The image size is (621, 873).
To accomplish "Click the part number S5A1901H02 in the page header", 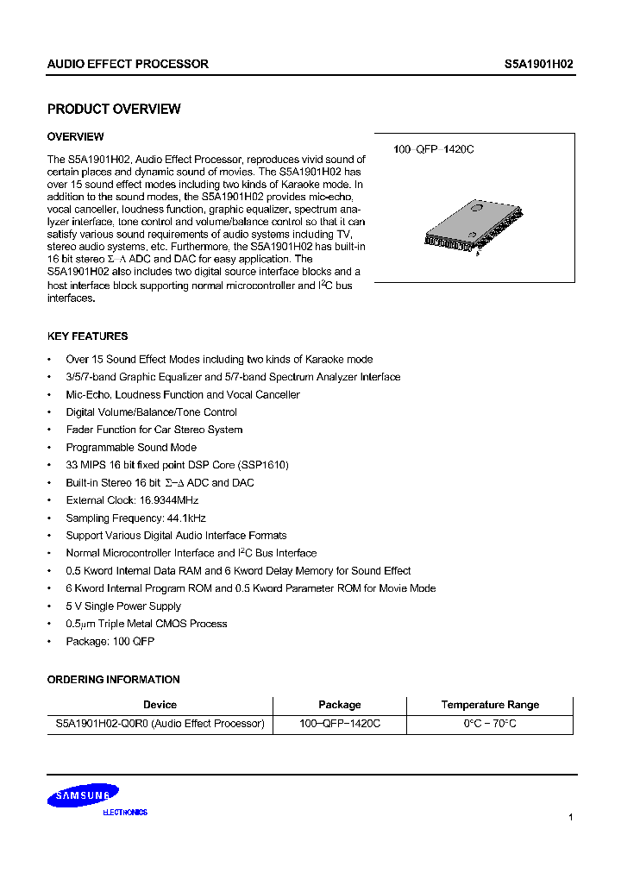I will tap(539, 64).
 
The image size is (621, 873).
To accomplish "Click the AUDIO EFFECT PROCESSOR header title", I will tap(128, 64).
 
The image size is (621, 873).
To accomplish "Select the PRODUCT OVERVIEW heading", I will tap(114, 110).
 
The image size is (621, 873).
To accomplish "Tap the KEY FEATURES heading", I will tap(87, 336).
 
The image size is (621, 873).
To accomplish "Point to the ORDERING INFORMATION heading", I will tap(113, 680).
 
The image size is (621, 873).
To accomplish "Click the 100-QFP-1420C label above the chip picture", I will tap(434, 149).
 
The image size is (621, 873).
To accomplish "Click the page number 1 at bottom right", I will tap(571, 817).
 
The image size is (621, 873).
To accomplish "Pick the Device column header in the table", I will tap(160, 705).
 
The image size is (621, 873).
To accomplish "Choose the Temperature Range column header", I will tap(490, 705).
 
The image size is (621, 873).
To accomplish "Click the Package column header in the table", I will tap(340, 705).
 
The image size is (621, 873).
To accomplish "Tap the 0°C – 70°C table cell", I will tap(490, 724).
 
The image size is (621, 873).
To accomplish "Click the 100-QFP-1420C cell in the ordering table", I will tap(340, 724).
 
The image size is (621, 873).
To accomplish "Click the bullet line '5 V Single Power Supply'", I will tap(123, 606).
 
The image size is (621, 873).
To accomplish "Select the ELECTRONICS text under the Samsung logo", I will tap(125, 813).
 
